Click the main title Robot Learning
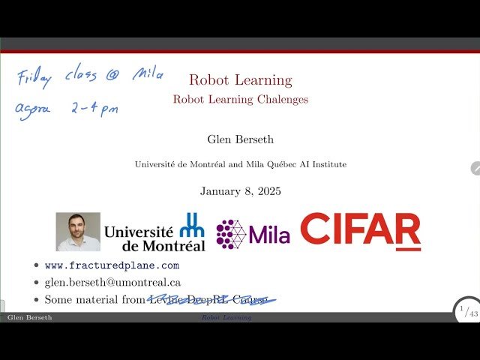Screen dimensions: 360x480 coord(240,80)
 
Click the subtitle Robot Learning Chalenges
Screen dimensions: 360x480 coord(240,99)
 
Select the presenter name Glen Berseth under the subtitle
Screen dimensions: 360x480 coord(240,139)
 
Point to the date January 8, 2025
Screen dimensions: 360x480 coord(240,191)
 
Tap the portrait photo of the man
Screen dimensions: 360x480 coord(78,231)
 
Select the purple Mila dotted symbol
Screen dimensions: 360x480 coord(231,234)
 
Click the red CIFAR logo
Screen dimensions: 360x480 coord(360,231)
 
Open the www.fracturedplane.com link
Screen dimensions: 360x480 coord(112,265)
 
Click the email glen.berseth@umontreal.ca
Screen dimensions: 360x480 coord(112,283)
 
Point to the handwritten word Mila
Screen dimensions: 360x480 coord(148,73)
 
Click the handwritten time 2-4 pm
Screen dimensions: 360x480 coord(94,108)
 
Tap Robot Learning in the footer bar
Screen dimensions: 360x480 coord(226,318)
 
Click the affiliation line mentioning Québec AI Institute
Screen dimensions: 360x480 coord(240,164)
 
